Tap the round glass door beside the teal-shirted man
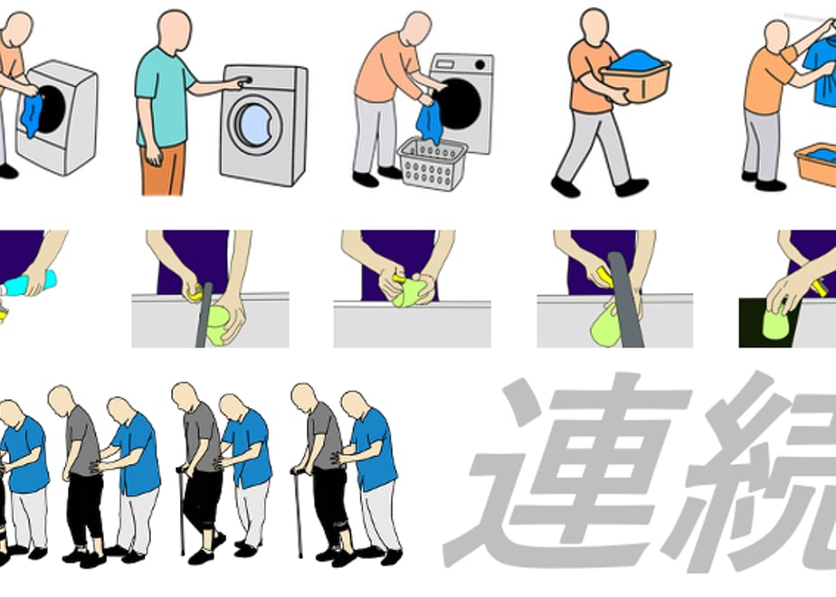click(255, 125)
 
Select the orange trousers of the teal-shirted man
click(163, 168)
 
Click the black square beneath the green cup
click(768, 323)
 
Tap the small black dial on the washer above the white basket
click(480, 64)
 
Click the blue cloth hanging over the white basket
click(430, 123)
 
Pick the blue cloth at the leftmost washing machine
click(32, 115)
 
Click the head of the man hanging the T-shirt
click(776, 36)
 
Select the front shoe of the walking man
click(632, 187)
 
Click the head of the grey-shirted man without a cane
click(62, 401)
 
